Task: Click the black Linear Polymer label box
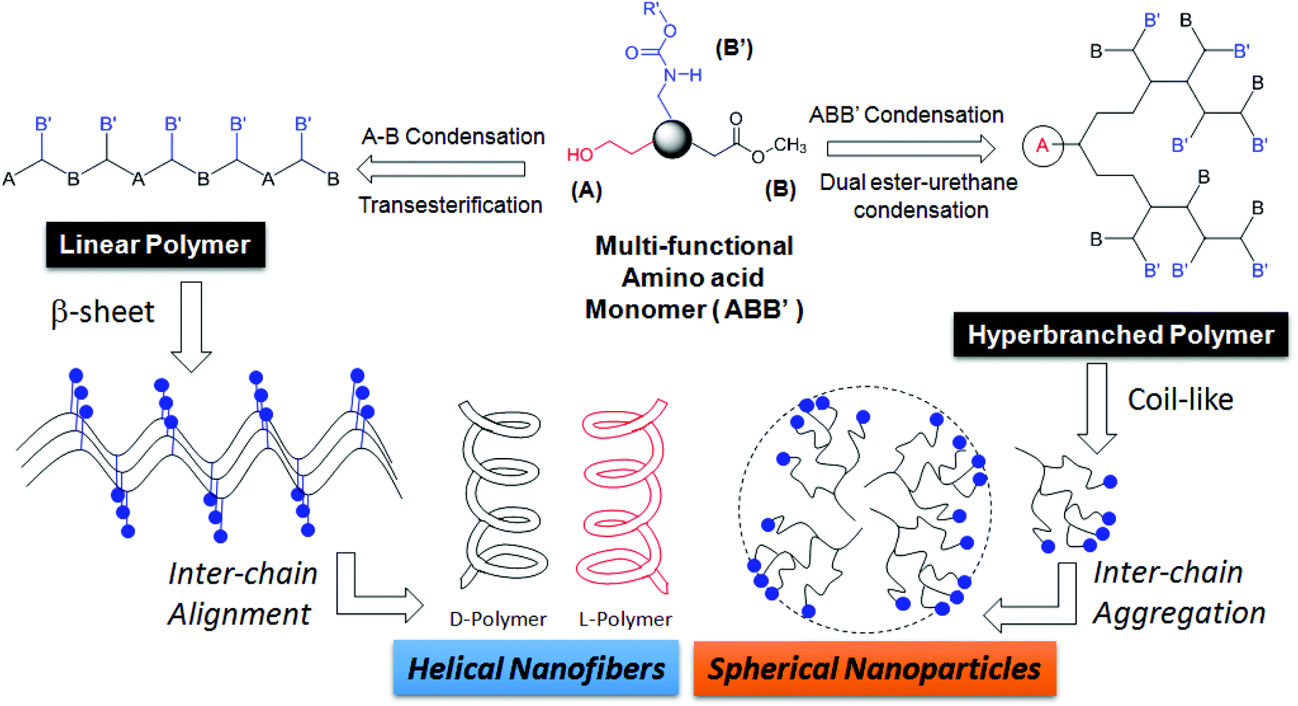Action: point(155,245)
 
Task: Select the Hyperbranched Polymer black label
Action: point(1120,335)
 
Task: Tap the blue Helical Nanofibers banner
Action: point(536,668)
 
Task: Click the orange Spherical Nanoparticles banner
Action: point(874,668)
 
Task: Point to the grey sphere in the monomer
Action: point(672,139)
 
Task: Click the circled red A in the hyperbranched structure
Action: point(1042,146)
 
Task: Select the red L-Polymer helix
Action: point(624,497)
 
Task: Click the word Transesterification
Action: point(450,205)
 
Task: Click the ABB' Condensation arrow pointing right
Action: point(910,149)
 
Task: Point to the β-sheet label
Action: point(102,312)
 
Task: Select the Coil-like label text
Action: point(1180,399)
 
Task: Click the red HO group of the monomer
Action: point(580,154)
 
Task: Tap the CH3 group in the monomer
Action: point(789,145)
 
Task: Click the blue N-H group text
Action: point(682,75)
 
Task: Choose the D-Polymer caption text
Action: point(498,620)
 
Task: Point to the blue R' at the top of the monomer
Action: point(651,9)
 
